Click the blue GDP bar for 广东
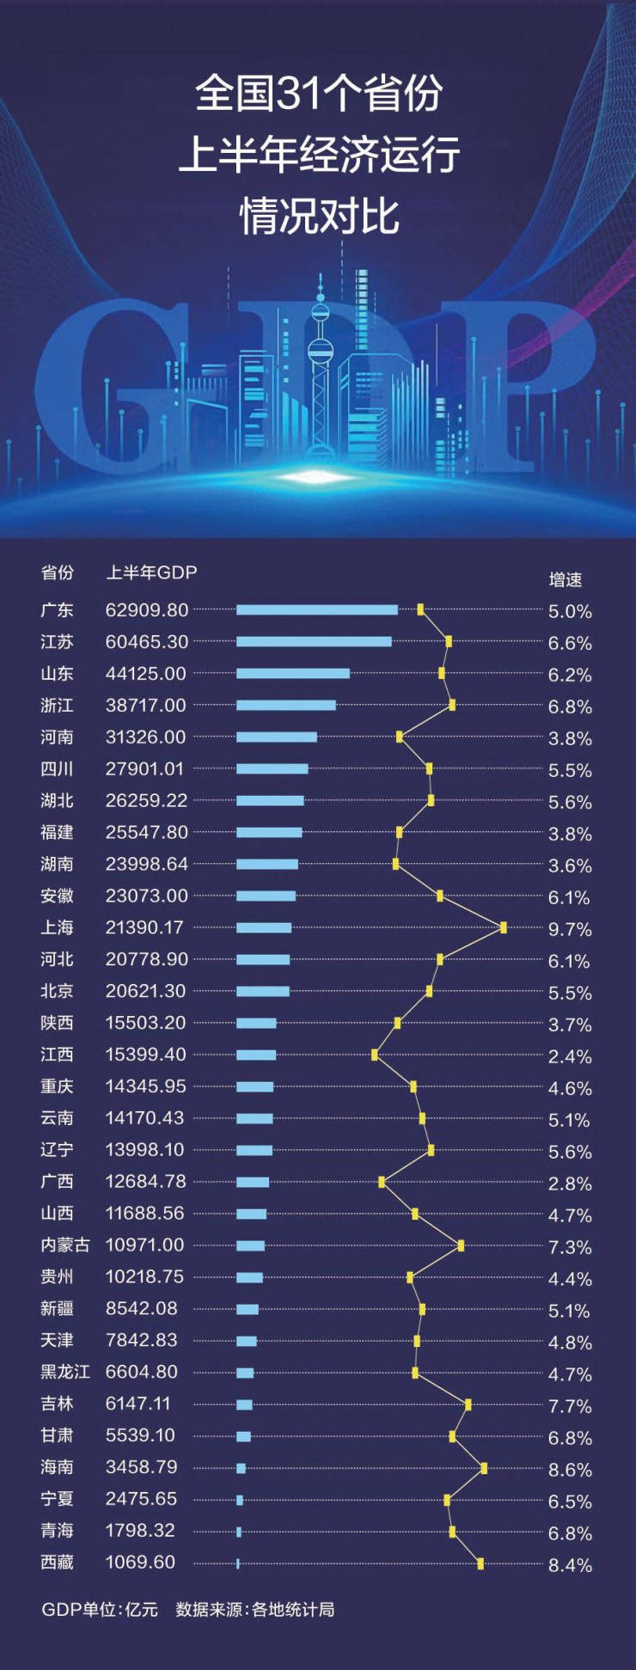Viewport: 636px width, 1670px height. [x=316, y=609]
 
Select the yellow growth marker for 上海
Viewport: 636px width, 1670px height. [x=503, y=927]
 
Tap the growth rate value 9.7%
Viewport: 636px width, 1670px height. [x=570, y=929]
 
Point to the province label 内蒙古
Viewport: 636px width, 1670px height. [x=64, y=1245]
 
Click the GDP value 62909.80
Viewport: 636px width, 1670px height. [x=147, y=609]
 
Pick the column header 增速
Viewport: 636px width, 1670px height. [x=566, y=579]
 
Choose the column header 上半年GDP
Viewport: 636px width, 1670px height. [x=151, y=572]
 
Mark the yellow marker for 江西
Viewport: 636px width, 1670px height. [x=375, y=1055]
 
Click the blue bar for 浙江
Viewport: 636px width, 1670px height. [x=285, y=705]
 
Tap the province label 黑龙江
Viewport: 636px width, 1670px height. [x=64, y=1372]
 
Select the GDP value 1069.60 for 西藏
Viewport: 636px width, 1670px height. [x=140, y=1562]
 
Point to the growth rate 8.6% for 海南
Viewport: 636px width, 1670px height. [x=570, y=1470]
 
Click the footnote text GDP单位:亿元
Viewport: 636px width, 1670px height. [x=100, y=1609]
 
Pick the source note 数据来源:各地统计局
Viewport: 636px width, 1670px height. [x=255, y=1609]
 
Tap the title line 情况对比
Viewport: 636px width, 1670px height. [x=319, y=216]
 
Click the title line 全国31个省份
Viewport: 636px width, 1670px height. [x=319, y=93]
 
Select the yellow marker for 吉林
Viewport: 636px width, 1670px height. [x=468, y=1404]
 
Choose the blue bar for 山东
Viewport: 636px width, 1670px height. [x=292, y=673]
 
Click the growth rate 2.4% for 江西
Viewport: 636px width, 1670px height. [x=570, y=1056]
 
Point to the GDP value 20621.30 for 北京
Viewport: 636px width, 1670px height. [x=145, y=991]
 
